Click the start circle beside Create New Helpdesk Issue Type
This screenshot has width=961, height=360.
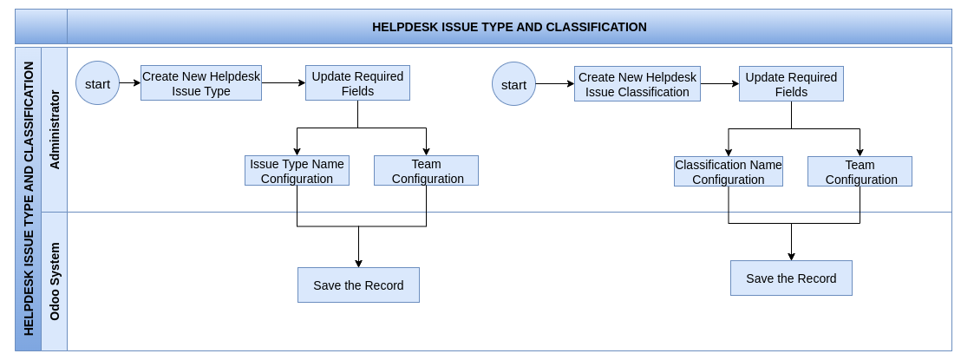[x=97, y=82]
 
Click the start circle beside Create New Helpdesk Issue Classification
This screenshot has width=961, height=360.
[x=513, y=84]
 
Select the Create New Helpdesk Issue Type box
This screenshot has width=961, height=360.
[x=201, y=82]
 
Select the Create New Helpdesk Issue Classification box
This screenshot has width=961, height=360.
[x=637, y=84]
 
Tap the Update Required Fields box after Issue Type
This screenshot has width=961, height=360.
[x=358, y=82]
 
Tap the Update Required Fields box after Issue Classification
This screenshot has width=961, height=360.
[x=791, y=84]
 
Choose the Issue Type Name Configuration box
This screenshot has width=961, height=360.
[x=297, y=171]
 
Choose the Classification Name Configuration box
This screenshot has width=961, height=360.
[x=728, y=172]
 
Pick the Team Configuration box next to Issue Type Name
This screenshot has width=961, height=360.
[x=426, y=171]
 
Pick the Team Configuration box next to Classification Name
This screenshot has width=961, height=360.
[x=860, y=172]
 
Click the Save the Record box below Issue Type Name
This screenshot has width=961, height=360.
[x=358, y=285]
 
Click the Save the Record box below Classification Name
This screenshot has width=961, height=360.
[x=791, y=278]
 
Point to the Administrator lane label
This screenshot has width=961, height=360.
[x=55, y=129]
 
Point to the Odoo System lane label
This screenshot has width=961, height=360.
[x=55, y=282]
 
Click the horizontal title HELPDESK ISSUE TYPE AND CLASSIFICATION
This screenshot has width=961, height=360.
[x=509, y=27]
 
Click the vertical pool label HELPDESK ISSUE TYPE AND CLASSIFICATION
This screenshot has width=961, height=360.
[x=29, y=199]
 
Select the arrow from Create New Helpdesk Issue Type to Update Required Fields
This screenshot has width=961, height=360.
[x=284, y=82]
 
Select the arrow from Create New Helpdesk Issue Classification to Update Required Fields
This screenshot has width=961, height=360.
[x=720, y=84]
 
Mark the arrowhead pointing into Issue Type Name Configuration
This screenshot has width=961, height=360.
[x=297, y=152]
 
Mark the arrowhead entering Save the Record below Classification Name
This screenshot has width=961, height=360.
[x=791, y=257]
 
